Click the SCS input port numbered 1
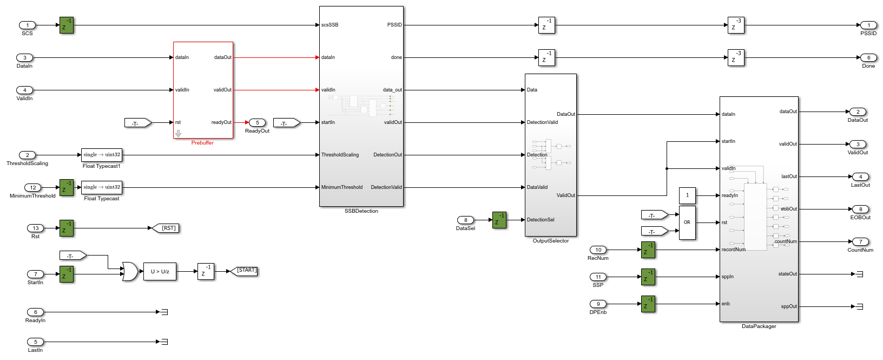click(27, 25)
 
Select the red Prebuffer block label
click(202, 143)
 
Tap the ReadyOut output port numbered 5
click(257, 122)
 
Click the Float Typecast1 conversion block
click(102, 155)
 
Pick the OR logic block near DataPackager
click(687, 222)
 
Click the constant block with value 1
click(687, 195)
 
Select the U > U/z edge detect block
click(160, 272)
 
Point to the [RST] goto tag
click(166, 228)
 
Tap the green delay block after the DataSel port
click(499, 220)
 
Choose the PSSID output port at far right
click(868, 25)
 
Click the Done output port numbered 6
click(868, 57)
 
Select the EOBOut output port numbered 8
click(860, 209)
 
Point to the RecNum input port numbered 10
click(598, 250)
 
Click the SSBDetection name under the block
click(361, 211)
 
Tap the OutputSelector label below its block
click(551, 241)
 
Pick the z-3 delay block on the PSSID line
click(736, 25)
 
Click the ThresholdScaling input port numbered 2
click(27, 155)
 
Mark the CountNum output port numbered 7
click(860, 241)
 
